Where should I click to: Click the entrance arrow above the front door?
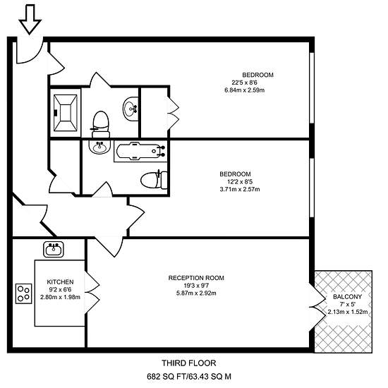tap(30, 19)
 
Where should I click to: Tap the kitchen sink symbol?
tap(54, 249)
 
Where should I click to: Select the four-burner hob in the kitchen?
tap(24, 293)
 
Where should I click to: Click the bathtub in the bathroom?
tap(140, 150)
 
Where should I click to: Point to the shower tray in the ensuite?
tap(66, 113)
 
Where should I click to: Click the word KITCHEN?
tap(60, 282)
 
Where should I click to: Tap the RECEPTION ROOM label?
tap(196, 278)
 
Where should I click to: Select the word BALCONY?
tap(347, 297)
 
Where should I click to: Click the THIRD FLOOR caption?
tap(189, 363)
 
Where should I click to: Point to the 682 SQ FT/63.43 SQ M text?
tap(189, 377)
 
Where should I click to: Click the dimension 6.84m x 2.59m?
tap(245, 90)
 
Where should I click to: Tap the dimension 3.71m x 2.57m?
tap(240, 189)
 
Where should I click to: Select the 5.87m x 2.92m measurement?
tap(196, 293)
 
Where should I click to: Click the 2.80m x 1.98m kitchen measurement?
tap(60, 297)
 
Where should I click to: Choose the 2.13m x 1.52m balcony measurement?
tap(348, 312)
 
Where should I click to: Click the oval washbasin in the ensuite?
tap(131, 109)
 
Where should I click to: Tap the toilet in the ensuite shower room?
tap(101, 124)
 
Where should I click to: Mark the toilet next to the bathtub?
tap(154, 180)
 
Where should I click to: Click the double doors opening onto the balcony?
tap(317, 307)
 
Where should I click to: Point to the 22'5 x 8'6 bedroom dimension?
tap(245, 83)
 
